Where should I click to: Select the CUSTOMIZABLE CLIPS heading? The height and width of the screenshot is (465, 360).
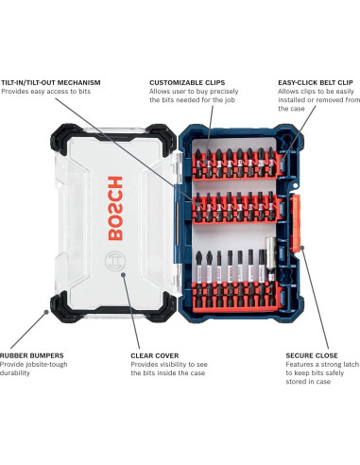coord(185,82)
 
